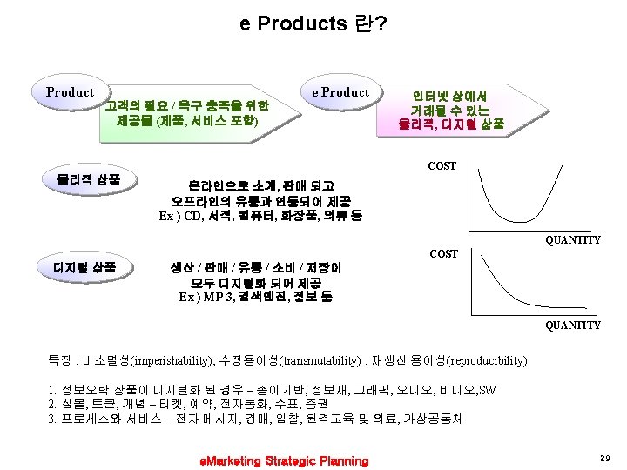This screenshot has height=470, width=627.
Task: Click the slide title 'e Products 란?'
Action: (x=313, y=23)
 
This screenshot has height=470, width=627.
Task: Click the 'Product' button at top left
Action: (x=70, y=92)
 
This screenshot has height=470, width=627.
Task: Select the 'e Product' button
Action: (x=340, y=92)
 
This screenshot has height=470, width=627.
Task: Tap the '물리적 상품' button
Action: (x=83, y=180)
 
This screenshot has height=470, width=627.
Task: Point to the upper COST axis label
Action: (x=442, y=165)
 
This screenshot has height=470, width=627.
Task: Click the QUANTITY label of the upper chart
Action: (x=572, y=240)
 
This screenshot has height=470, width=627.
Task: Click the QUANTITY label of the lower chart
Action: (x=572, y=325)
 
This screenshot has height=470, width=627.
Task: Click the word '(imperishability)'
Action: (x=171, y=360)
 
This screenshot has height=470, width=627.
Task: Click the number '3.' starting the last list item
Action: (x=54, y=418)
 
